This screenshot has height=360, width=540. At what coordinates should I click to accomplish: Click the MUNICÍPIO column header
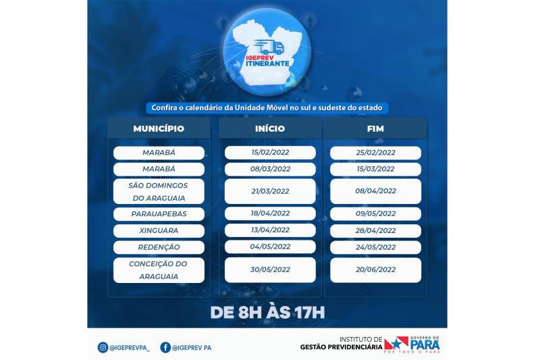point(159,128)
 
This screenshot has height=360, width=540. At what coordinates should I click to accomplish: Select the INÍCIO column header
point(270,128)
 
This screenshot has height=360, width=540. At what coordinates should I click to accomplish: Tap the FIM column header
point(375,128)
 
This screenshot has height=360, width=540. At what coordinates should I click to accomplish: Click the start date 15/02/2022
point(270,153)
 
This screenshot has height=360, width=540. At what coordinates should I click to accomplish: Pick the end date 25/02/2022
point(375,153)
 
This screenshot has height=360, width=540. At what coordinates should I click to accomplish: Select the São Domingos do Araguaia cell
point(159,191)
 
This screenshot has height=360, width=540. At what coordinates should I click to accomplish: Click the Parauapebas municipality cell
point(159,213)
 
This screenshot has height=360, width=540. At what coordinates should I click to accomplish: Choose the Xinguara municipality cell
point(159,230)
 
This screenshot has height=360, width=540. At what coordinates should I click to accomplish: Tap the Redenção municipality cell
point(159,247)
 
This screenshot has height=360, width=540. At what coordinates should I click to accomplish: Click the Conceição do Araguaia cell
point(159,270)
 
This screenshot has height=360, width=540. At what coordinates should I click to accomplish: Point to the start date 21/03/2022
point(270,191)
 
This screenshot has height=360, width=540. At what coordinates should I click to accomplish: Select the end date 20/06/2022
point(375,270)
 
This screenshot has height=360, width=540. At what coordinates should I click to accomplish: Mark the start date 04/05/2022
point(270,247)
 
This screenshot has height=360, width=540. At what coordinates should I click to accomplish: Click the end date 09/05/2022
point(375,213)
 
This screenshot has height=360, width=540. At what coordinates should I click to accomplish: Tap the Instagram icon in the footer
point(103,347)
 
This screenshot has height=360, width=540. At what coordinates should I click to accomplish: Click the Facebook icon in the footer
point(165,347)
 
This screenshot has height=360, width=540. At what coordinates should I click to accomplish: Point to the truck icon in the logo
point(269,47)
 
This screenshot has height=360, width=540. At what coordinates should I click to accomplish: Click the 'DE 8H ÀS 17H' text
point(267,313)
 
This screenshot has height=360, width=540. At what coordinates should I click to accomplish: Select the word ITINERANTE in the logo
point(267,63)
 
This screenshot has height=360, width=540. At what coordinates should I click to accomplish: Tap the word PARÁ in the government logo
point(425,344)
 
